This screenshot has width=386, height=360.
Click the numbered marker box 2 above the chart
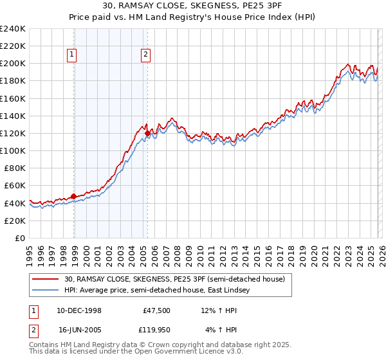(x=146, y=55)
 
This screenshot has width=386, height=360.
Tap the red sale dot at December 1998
(x=74, y=196)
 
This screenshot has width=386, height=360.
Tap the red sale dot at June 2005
(x=148, y=133)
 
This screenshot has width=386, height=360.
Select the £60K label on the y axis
(x=15, y=185)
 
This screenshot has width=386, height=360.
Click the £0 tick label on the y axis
(x=21, y=238)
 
